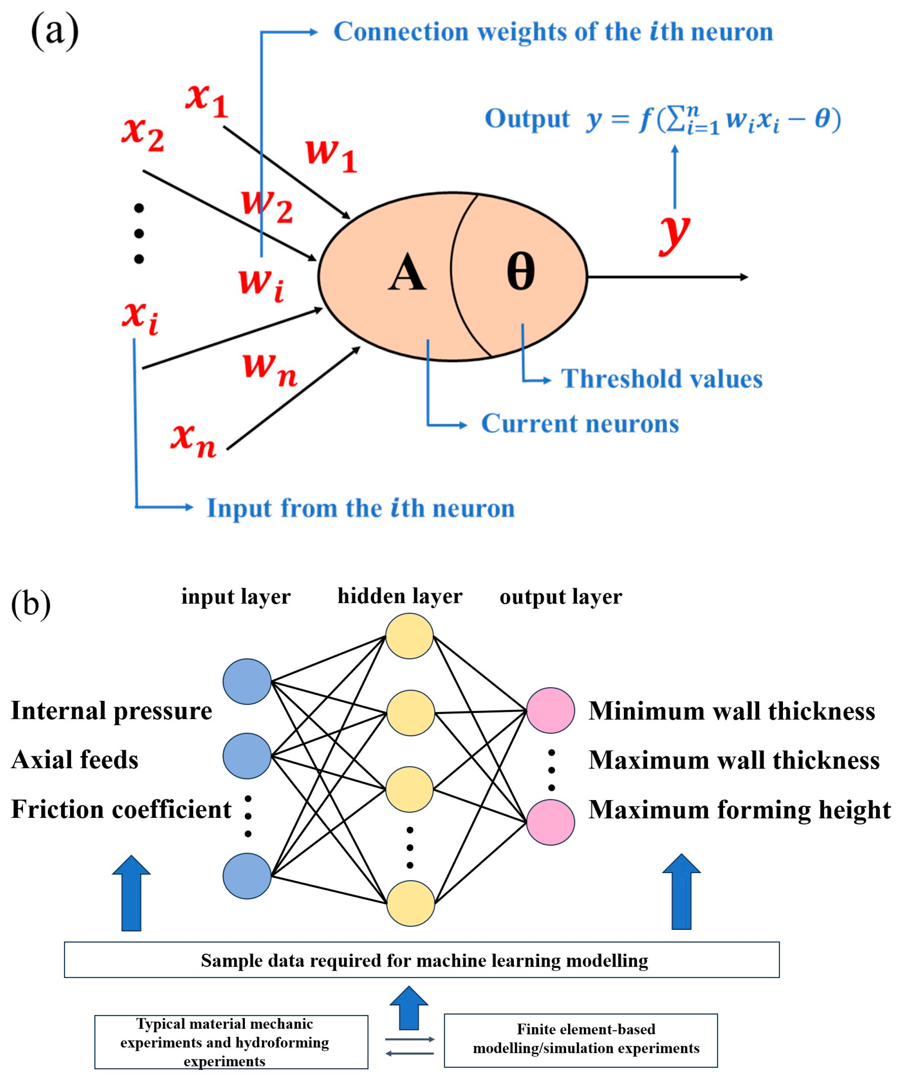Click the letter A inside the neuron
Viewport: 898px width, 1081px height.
click(x=407, y=273)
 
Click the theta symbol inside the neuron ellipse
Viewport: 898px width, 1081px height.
click(x=520, y=271)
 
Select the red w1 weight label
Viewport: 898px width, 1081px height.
click(x=330, y=154)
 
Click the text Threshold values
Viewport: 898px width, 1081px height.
click(x=661, y=379)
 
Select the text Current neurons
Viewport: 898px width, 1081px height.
click(x=580, y=424)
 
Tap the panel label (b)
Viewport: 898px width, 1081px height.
click(x=31, y=603)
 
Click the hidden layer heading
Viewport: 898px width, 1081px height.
click(x=400, y=596)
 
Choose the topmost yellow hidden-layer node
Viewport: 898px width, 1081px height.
click(x=409, y=636)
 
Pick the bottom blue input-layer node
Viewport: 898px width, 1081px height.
click(x=247, y=876)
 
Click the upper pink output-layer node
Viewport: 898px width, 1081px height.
click(x=550, y=710)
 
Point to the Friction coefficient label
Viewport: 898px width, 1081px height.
click(x=121, y=809)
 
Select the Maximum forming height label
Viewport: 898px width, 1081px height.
click(x=739, y=810)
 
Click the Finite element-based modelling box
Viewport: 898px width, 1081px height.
click(x=580, y=1041)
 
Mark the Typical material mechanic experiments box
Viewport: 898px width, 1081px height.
click(x=231, y=1042)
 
